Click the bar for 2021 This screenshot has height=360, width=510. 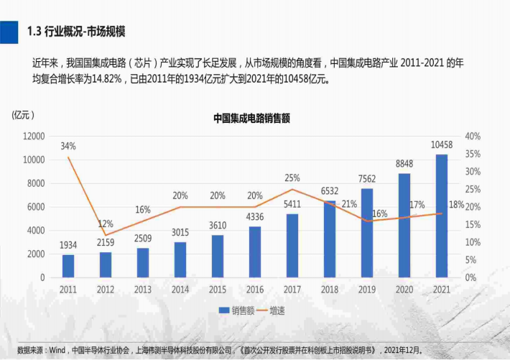(441, 216)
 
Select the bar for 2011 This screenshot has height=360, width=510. (68, 266)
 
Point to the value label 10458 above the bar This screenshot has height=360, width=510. (441, 145)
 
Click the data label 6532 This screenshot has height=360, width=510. (330, 190)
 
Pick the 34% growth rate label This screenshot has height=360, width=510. (68, 146)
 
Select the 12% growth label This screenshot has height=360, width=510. (106, 223)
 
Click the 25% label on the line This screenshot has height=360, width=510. (292, 177)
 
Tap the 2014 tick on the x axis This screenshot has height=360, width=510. (180, 290)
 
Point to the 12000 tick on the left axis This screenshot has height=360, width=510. (34, 136)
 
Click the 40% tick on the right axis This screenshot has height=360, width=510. (473, 136)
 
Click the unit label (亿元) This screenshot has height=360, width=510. (23, 114)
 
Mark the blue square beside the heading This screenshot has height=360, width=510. (9, 31)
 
